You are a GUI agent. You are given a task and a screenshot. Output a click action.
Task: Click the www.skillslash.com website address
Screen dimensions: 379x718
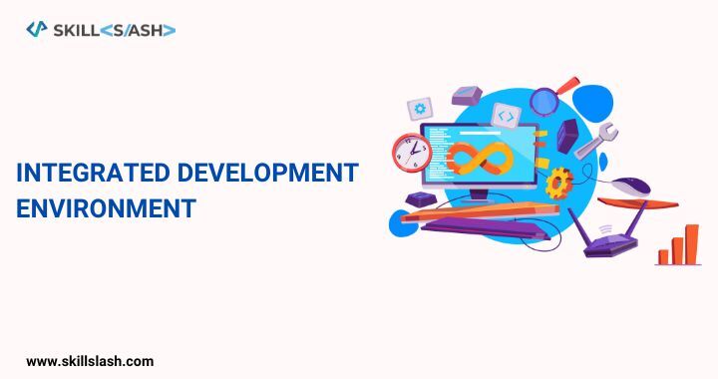(90, 360)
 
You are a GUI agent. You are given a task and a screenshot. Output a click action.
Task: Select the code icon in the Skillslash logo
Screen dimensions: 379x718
(37, 30)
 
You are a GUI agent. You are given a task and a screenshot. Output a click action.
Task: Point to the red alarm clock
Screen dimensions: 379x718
(410, 155)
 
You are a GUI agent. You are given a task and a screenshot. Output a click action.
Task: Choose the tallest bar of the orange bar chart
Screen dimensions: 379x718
(691, 243)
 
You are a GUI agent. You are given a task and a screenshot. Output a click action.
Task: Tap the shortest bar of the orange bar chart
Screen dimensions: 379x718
(663, 257)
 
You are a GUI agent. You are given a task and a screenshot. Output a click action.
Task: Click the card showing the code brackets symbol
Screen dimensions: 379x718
(506, 117)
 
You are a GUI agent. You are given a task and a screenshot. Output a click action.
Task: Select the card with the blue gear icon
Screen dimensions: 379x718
(421, 108)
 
